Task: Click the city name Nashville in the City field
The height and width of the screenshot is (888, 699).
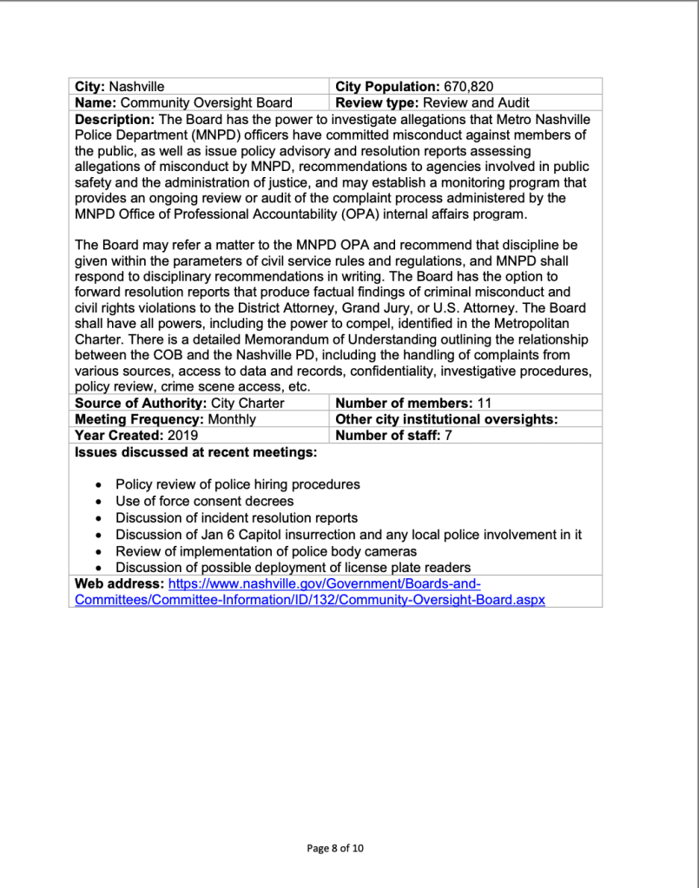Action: tap(135, 87)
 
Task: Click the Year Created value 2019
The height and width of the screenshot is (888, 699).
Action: tap(182, 435)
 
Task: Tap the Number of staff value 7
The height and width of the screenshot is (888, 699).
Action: tap(448, 435)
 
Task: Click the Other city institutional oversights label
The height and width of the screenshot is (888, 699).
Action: tap(445, 419)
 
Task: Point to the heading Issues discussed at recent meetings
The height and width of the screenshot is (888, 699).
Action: tap(195, 451)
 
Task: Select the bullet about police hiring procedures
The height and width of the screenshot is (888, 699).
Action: tap(237, 484)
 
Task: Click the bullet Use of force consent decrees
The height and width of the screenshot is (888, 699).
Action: tap(204, 501)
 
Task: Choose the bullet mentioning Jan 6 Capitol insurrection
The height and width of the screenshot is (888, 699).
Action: tap(347, 535)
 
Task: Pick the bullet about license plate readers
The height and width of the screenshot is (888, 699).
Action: tap(293, 568)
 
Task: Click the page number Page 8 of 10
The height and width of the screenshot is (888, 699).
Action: tap(335, 848)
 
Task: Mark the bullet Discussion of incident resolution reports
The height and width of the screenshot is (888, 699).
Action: tap(236, 518)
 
